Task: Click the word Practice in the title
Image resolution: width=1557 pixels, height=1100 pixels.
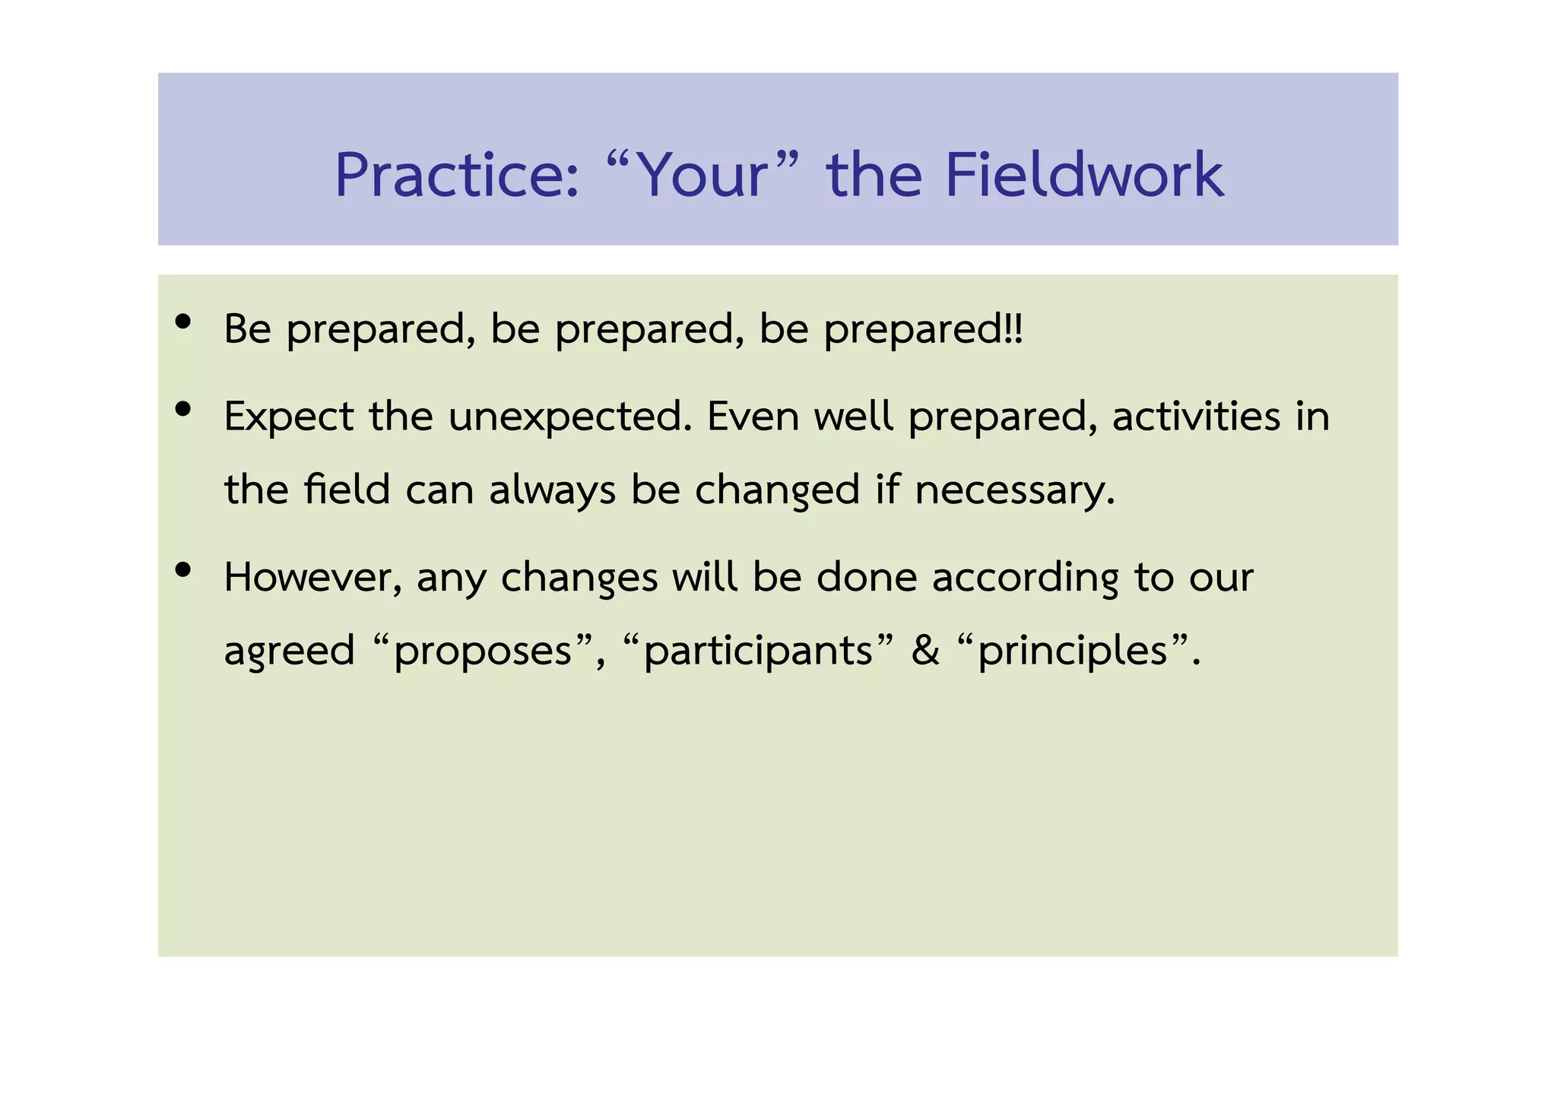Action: click(456, 176)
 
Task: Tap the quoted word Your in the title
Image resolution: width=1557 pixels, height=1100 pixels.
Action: click(703, 176)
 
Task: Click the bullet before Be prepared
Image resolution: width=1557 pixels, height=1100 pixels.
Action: click(182, 322)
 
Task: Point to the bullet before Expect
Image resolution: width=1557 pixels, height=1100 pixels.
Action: click(182, 410)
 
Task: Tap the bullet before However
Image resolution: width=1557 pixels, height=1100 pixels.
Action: click(182, 569)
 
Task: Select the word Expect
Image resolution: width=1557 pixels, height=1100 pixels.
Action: click(289, 417)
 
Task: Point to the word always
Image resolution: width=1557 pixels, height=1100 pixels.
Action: click(552, 490)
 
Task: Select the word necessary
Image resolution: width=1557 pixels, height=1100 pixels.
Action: click(1014, 490)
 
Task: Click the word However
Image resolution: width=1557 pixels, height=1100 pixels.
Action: click(312, 577)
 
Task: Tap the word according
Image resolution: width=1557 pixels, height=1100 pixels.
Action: click(1025, 578)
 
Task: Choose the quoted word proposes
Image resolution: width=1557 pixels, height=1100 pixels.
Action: click(483, 651)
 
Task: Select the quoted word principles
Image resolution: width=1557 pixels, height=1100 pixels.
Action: click(1072, 651)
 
